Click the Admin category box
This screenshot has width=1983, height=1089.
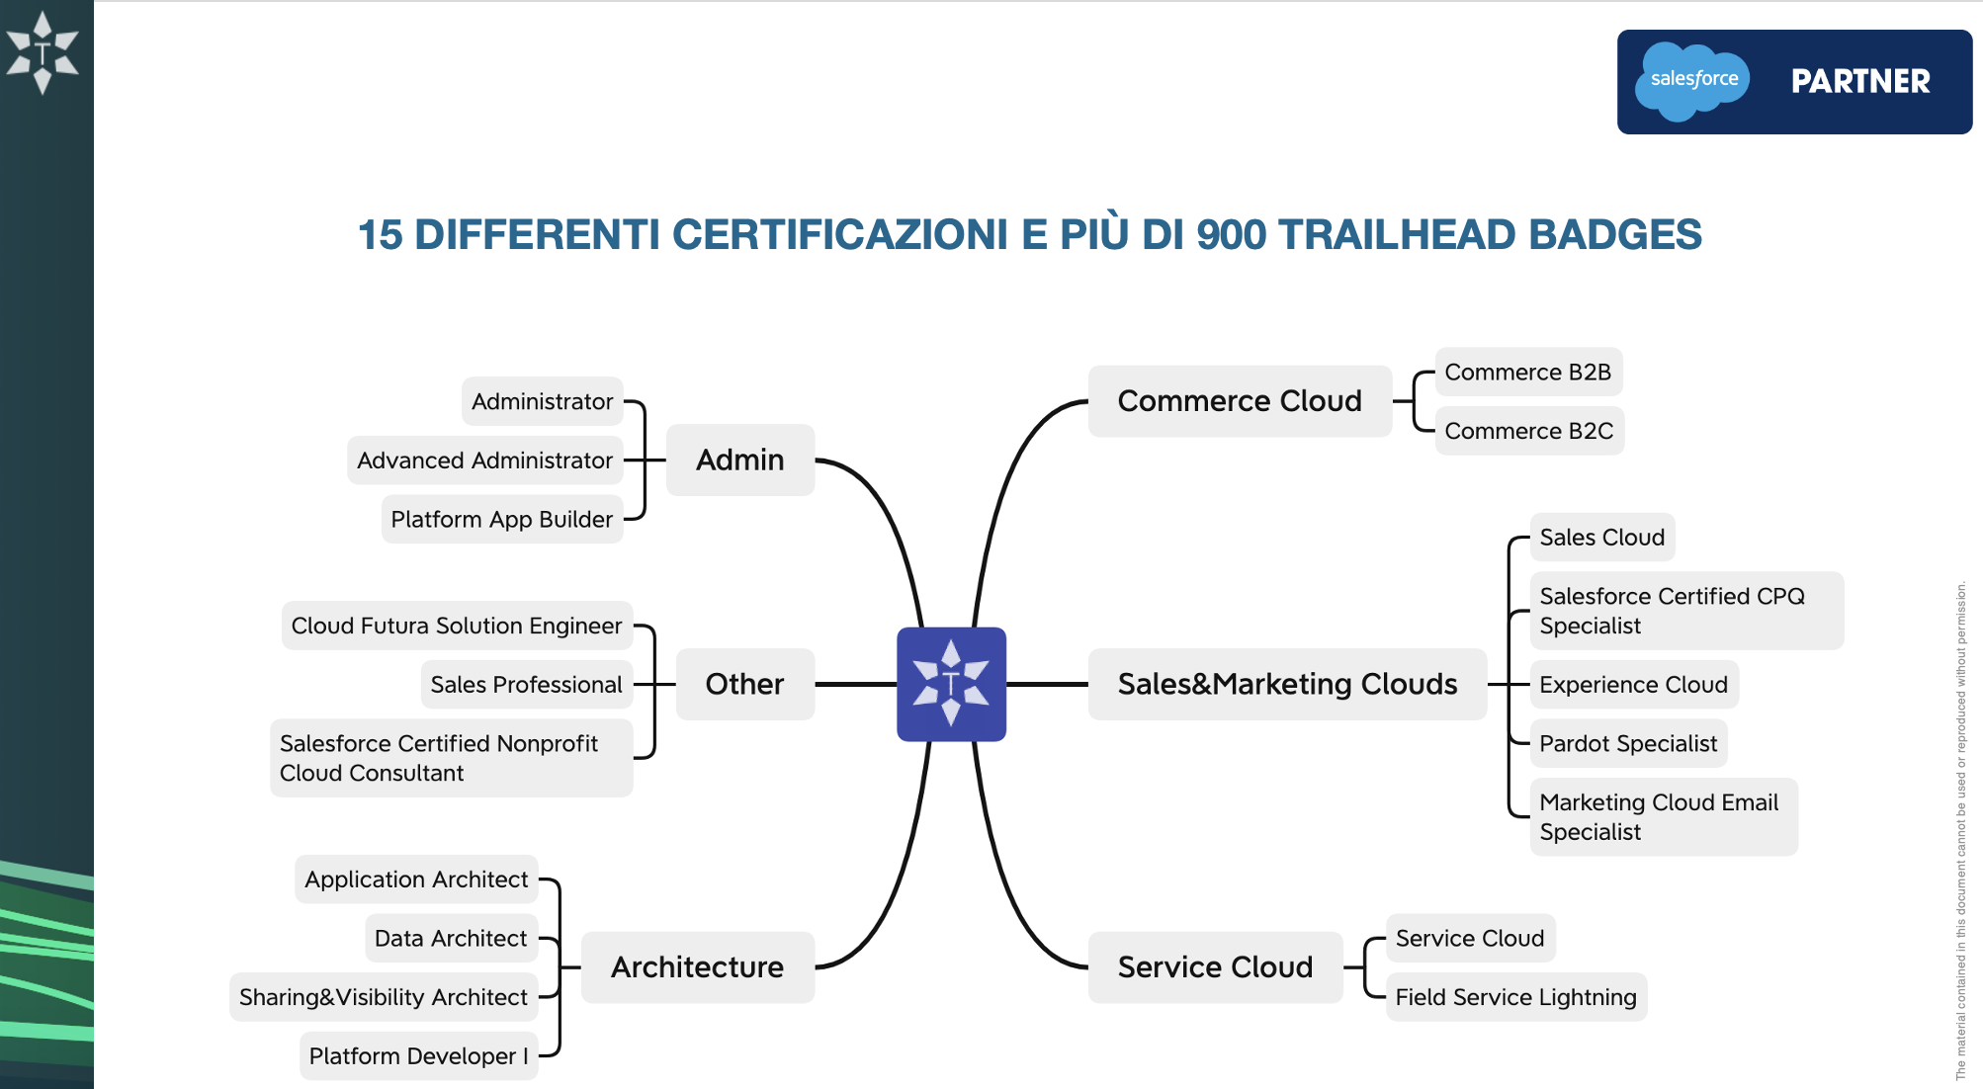[x=740, y=460]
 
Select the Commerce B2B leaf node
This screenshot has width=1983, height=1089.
[x=1528, y=372]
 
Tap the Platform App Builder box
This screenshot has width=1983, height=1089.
[x=502, y=519]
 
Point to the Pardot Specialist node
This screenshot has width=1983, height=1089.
[x=1628, y=743]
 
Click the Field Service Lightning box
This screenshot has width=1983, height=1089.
[x=1515, y=997]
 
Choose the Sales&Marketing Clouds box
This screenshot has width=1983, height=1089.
[x=1287, y=684]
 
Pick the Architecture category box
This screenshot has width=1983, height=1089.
[x=698, y=966]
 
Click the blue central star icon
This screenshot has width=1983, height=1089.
[x=951, y=684]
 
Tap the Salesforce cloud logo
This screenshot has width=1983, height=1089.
[x=1692, y=80]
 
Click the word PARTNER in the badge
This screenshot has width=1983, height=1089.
[x=1860, y=81]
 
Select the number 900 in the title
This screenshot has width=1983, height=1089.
[x=1231, y=235]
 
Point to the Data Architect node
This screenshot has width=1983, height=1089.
[x=451, y=938]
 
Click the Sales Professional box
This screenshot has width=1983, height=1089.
[x=527, y=684]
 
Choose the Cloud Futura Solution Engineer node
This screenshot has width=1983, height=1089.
[x=457, y=626]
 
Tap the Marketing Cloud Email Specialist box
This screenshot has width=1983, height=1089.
[x=1664, y=816]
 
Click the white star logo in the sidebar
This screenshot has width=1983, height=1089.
[x=42, y=52]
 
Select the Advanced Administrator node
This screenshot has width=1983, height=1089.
[x=484, y=460]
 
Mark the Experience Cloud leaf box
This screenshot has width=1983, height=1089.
[x=1633, y=684]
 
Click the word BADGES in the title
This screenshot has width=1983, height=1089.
[x=1615, y=235]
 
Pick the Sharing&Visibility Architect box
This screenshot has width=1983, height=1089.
[x=384, y=997]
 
